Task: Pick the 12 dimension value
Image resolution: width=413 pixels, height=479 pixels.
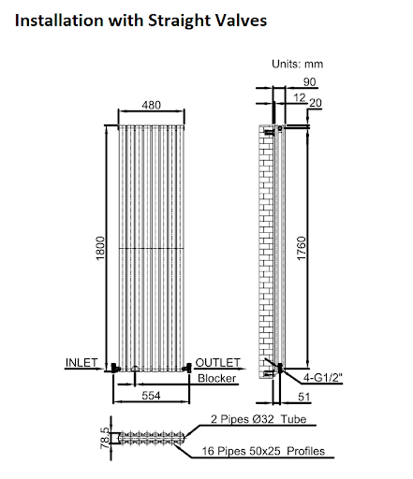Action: pos(298,97)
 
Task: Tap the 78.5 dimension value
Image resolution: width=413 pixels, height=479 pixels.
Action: pos(105,436)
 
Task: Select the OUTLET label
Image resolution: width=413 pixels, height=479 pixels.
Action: pos(217,362)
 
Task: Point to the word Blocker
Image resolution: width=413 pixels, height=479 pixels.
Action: pos(217,378)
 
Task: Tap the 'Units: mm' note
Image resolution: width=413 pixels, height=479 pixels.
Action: pos(297,65)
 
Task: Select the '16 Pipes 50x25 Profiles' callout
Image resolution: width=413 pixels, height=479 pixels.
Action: pos(263,452)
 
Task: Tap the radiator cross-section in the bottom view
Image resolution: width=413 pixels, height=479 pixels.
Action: pos(150,437)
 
